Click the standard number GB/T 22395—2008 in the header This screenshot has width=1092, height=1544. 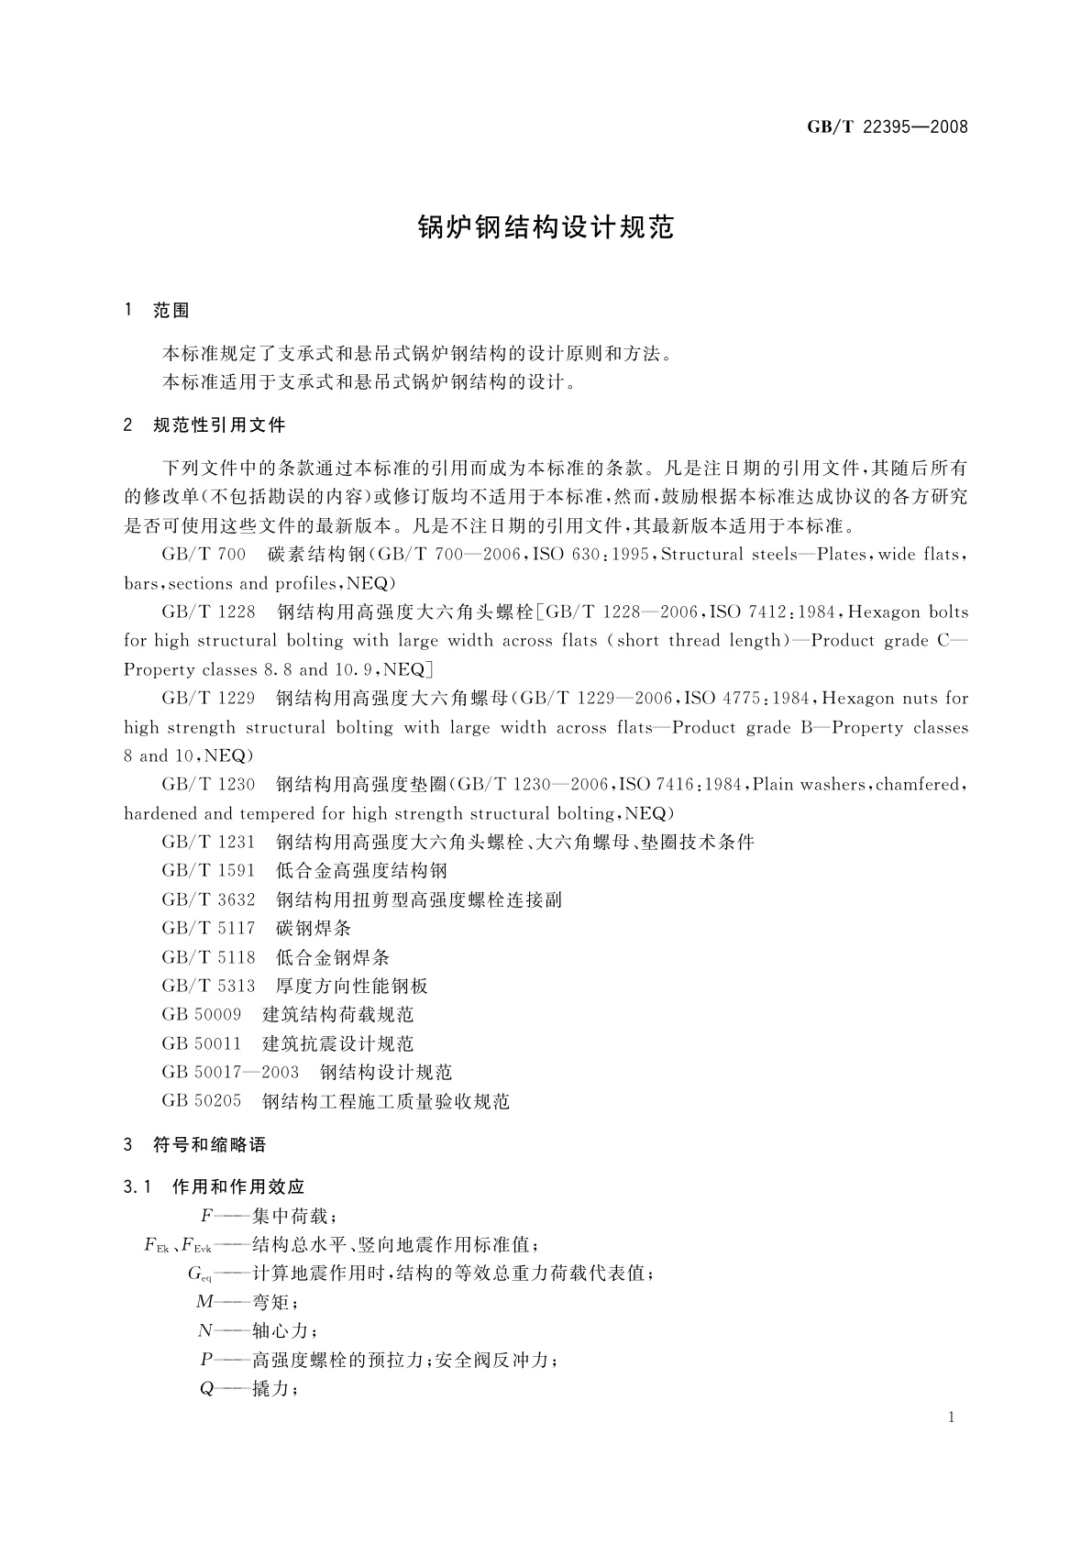tap(887, 127)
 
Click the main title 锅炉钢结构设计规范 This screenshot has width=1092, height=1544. tap(546, 227)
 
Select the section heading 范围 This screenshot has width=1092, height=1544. tap(171, 311)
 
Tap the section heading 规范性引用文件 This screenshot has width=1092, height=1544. tap(219, 425)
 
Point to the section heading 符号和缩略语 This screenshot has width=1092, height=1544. tap(209, 1145)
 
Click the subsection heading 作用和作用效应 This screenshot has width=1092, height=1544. tap(238, 1187)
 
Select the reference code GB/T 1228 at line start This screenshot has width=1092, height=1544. tap(208, 612)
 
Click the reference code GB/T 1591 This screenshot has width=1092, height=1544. tap(208, 871)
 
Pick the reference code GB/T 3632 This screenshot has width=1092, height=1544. tap(208, 899)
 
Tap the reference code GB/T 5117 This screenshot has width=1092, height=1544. tap(208, 929)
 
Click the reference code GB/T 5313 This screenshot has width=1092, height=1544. tap(208, 987)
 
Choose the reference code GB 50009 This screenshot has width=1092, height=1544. tap(202, 1015)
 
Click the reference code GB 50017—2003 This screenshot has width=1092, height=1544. tap(230, 1073)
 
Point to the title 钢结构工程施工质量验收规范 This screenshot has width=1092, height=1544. tap(386, 1101)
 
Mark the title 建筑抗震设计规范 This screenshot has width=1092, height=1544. tap(338, 1044)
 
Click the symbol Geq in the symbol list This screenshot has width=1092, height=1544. tap(200, 1274)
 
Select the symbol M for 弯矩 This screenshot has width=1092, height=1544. tap(204, 1302)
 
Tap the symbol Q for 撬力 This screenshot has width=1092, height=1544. tap(206, 1388)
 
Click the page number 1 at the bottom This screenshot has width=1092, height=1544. tap(951, 1417)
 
